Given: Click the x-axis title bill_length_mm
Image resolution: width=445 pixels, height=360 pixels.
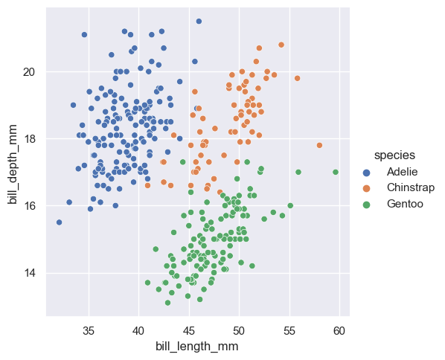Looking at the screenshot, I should [x=196, y=346].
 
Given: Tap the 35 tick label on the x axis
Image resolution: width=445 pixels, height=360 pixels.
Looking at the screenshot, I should [x=88, y=330].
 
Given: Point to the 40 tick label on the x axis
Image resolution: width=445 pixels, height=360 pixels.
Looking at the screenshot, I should [x=138, y=330].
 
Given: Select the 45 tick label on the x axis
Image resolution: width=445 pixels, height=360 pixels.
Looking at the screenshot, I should [x=189, y=330].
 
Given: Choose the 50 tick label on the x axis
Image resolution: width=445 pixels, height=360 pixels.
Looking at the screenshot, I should [x=239, y=330].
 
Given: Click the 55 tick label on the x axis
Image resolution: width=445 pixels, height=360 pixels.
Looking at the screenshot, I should [x=289, y=330].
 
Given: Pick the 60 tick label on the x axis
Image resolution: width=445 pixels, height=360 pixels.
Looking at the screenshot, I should [x=340, y=330].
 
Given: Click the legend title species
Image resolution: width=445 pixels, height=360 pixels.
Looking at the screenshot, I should [x=394, y=155].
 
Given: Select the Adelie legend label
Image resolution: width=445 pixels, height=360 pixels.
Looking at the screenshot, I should [x=402, y=172].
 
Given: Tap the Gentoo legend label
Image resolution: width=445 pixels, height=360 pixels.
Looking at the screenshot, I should [x=405, y=203].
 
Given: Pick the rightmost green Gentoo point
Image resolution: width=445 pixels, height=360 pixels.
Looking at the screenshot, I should [x=336, y=172].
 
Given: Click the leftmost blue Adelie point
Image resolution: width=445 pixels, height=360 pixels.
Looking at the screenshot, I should [x=59, y=222].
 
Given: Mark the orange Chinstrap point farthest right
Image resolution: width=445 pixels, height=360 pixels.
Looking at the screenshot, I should [x=319, y=145].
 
